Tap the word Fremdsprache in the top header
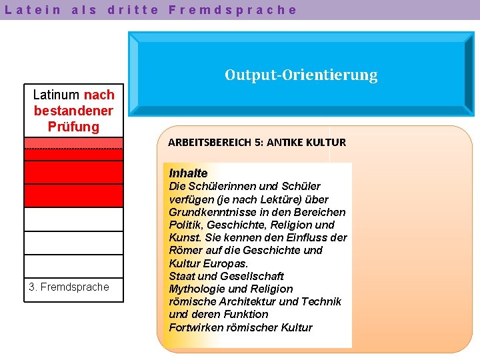pyautogui.click(x=233, y=10)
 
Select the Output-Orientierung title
pyautogui.click(x=301, y=75)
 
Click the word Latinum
pyautogui.click(x=57, y=95)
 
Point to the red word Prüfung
pyautogui.click(x=73, y=127)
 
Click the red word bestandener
pyautogui.click(x=73, y=111)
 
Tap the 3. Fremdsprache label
pyautogui.click(x=69, y=287)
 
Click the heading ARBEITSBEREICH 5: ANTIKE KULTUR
pyautogui.click(x=257, y=142)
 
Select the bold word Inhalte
pyautogui.click(x=188, y=173)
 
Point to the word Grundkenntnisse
pyautogui.click(x=209, y=212)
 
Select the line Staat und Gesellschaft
pyautogui.click(x=226, y=276)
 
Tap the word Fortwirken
pyautogui.click(x=194, y=327)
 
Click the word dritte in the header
pyautogui.click(x=133, y=10)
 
